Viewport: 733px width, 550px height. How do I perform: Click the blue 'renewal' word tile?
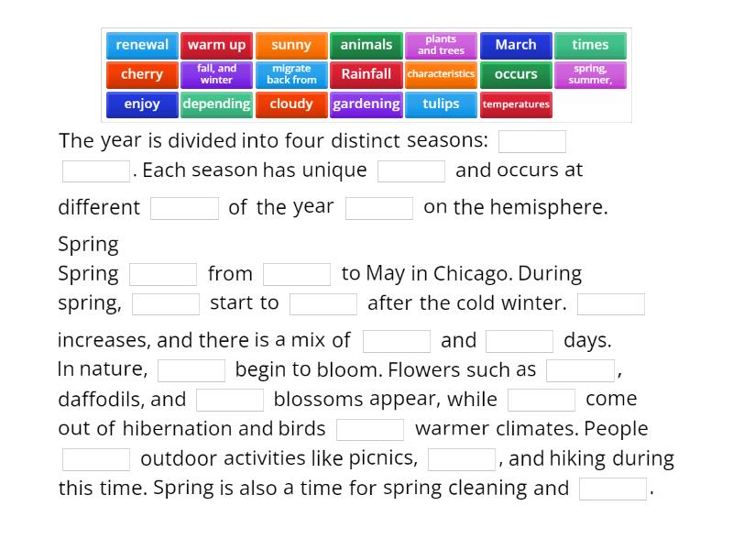pyautogui.click(x=142, y=45)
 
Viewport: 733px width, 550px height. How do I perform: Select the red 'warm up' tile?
pyautogui.click(x=217, y=45)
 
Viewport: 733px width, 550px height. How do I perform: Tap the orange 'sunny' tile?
pyautogui.click(x=291, y=45)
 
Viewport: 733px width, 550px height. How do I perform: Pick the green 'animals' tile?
pyautogui.click(x=366, y=45)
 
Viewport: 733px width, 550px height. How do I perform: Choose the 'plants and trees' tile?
pyautogui.click(x=441, y=45)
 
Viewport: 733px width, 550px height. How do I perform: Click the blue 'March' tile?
pyautogui.click(x=516, y=45)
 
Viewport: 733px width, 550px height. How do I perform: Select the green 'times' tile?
pyautogui.click(x=590, y=45)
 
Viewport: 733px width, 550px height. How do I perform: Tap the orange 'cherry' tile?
pyautogui.click(x=142, y=74)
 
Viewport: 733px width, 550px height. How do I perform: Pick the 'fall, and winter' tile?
pyautogui.click(x=217, y=74)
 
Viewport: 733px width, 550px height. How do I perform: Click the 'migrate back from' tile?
pyautogui.click(x=291, y=74)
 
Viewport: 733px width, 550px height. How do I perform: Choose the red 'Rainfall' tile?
pyautogui.click(x=366, y=74)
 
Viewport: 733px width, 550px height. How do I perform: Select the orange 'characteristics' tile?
pyautogui.click(x=441, y=74)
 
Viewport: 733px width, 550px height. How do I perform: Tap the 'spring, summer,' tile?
pyautogui.click(x=590, y=74)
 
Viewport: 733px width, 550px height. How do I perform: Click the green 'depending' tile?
pyautogui.click(x=217, y=104)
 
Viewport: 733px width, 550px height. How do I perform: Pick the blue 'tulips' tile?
pyautogui.click(x=441, y=104)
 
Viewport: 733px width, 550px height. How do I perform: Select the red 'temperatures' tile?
pyautogui.click(x=516, y=104)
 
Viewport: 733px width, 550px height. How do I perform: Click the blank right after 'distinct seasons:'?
pyautogui.click(x=532, y=141)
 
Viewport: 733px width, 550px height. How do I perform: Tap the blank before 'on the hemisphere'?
pyautogui.click(x=379, y=208)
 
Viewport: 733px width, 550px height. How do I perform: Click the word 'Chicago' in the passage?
pyautogui.click(x=469, y=273)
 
